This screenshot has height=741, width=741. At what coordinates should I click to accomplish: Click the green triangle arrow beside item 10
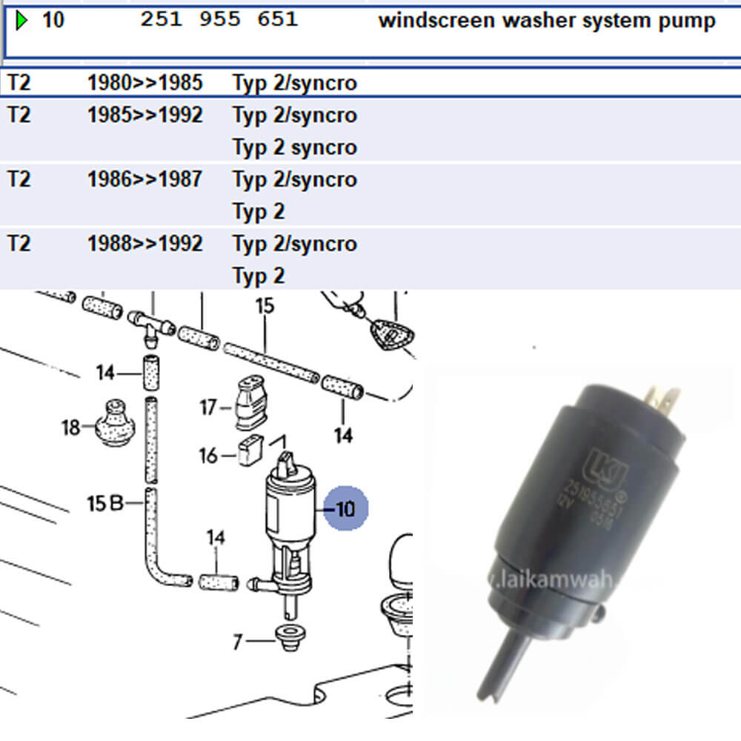coord(21,21)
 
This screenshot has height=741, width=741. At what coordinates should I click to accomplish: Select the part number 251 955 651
coord(219,20)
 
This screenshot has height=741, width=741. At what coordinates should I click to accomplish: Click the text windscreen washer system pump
coord(547,21)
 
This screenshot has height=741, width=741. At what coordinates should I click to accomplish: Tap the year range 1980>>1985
coord(144,82)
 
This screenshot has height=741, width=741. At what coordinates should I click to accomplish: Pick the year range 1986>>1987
coord(144,179)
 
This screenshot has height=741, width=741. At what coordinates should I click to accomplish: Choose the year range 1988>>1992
coord(144,244)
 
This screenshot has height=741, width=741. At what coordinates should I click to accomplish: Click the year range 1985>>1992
coord(144,115)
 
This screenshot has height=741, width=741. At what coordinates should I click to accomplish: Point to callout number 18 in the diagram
coord(71,427)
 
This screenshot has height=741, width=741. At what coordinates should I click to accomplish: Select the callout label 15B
coord(104,505)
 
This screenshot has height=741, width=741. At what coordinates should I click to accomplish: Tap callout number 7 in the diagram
coord(237,641)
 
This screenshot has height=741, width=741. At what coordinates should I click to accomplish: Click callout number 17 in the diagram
coord(208,407)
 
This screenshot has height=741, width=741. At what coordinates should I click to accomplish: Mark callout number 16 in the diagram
coord(208,455)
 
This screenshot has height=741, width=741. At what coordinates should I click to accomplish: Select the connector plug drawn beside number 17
coord(247,404)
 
